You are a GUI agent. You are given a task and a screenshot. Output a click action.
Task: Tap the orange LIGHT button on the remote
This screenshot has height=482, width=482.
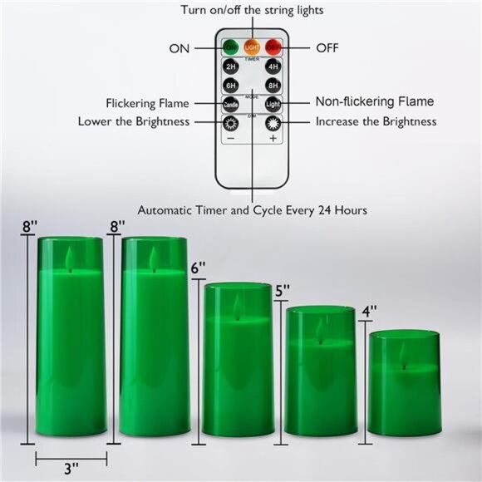[251, 48]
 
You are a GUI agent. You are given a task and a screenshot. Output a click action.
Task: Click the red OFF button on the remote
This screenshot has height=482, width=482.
[273, 48]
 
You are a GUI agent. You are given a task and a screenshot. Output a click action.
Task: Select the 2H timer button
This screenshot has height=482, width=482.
[230, 67]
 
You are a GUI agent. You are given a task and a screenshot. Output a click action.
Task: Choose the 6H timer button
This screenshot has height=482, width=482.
[230, 85]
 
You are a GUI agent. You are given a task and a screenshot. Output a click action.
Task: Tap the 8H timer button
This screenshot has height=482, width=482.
[272, 85]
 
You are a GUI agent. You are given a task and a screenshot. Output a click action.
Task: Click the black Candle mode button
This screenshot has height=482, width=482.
[230, 104]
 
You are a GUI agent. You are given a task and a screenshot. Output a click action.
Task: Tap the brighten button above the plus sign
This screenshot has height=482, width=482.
[272, 122]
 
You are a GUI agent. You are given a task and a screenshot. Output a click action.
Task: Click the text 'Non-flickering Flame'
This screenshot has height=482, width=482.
[374, 101]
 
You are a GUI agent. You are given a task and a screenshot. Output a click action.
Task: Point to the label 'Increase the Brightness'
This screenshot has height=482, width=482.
[376, 121]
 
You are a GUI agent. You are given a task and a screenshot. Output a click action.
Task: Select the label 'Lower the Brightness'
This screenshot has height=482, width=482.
[134, 121]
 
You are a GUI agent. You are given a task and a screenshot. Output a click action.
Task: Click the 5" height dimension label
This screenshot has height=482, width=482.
[283, 291]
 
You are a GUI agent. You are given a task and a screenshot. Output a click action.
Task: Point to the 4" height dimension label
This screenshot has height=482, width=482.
[370, 312]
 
